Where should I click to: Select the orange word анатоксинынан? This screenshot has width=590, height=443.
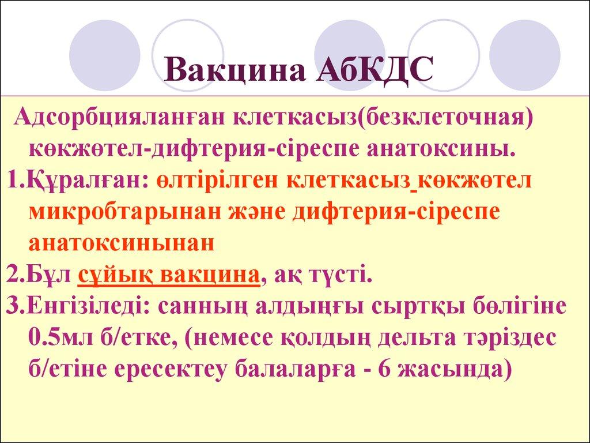[122, 243]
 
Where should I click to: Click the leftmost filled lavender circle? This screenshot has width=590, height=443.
[105, 55]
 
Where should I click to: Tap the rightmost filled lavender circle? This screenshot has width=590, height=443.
[524, 55]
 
